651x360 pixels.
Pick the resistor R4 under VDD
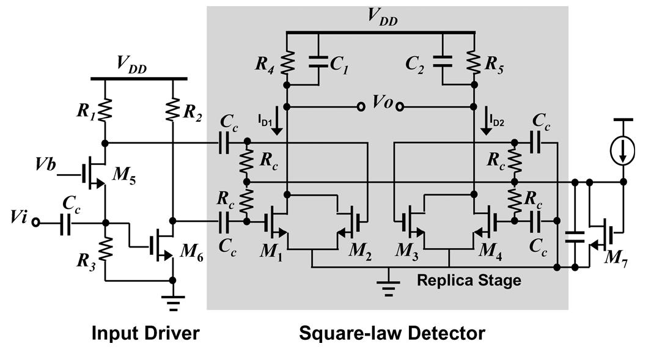[x=286, y=62]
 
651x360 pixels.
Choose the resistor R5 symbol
[x=474, y=62]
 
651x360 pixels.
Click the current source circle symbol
[x=623, y=150]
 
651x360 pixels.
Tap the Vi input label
[x=18, y=218]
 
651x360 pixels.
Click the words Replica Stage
[x=469, y=281]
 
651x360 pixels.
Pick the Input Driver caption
[x=145, y=333]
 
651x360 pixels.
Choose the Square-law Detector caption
[x=392, y=333]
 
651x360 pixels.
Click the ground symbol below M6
[x=173, y=301]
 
